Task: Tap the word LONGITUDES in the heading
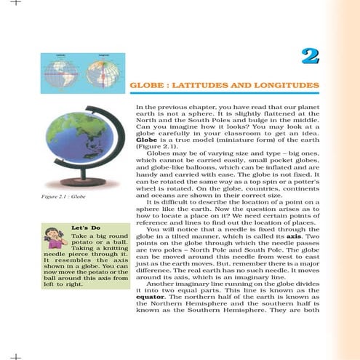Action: (x=285, y=87)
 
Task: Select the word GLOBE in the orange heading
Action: (x=145, y=87)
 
